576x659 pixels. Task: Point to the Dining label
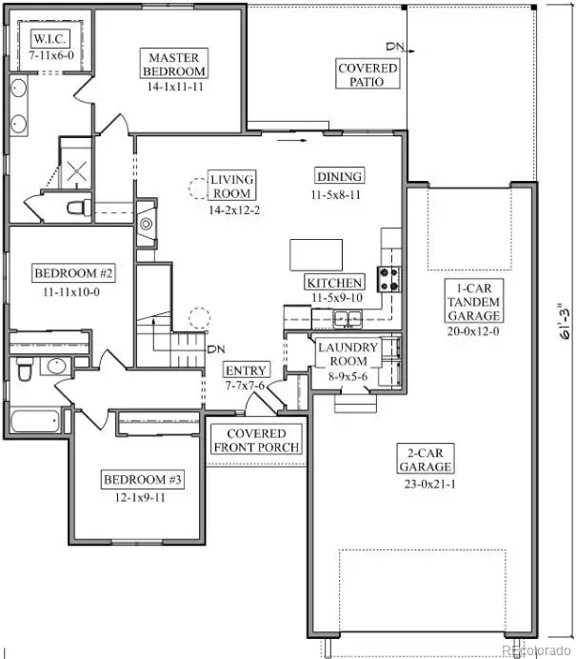pos(339,175)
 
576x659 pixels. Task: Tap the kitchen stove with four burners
pos(390,278)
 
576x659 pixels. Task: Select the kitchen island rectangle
pos(316,254)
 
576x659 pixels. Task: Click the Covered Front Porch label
pos(256,439)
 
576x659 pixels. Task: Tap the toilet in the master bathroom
pos(76,207)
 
